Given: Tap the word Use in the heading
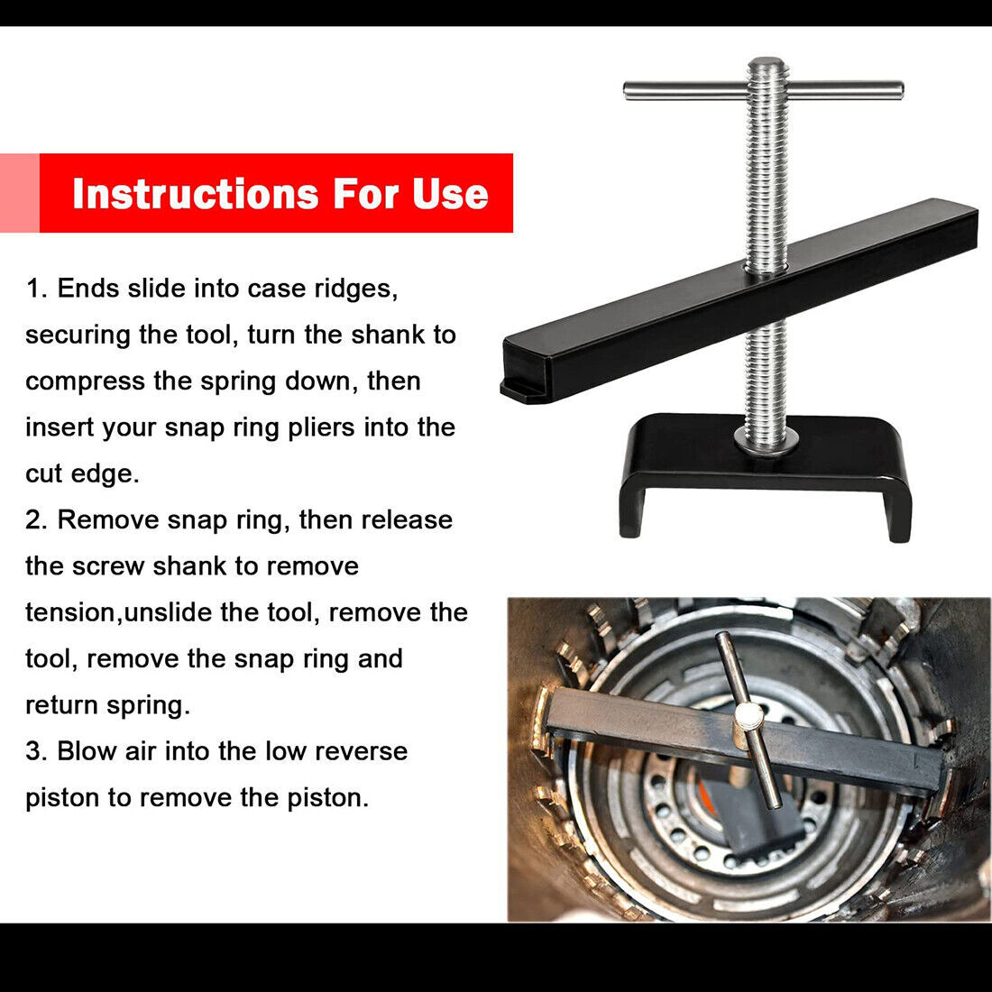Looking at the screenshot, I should point(450,194).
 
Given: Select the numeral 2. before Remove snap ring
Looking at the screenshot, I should point(37,520).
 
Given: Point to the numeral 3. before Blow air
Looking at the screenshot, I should point(37,751).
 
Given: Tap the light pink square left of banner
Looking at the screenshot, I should point(19,193).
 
